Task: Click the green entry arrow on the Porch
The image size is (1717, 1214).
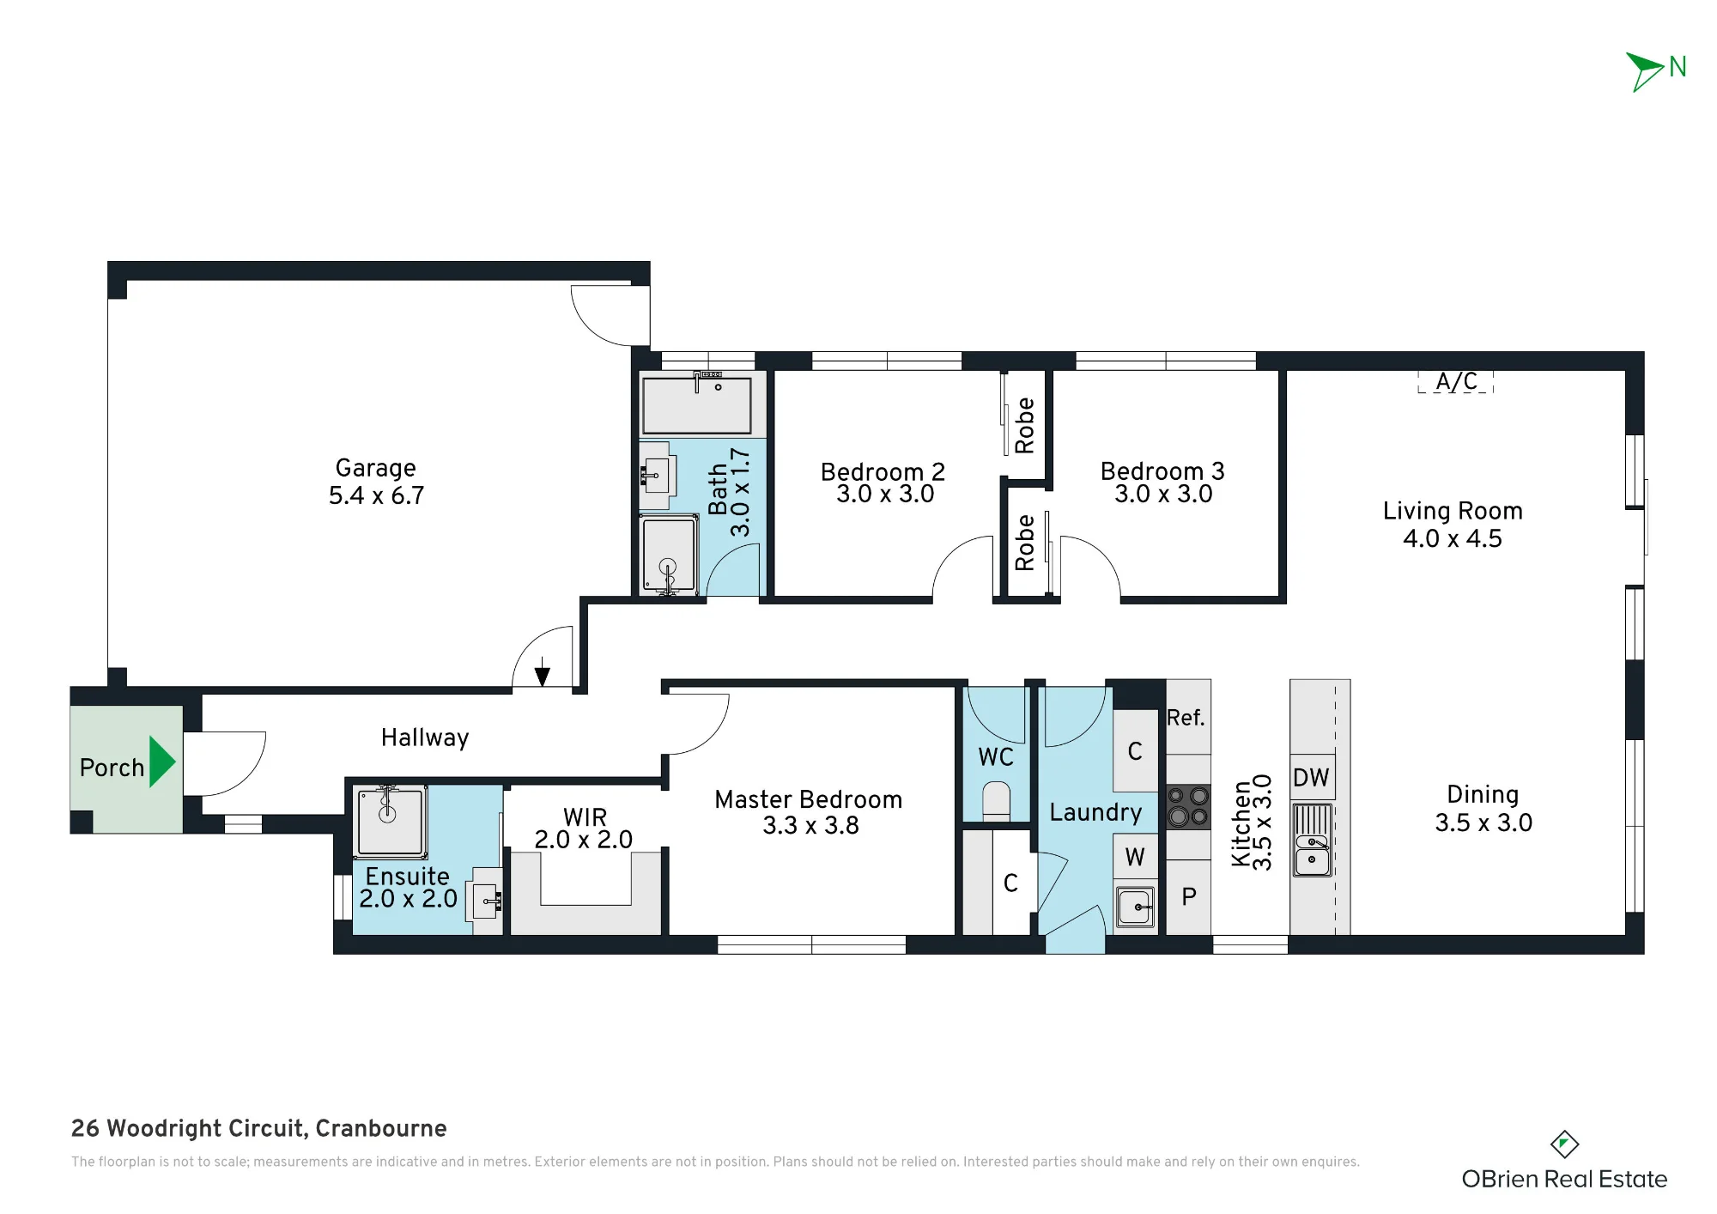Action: coord(161,762)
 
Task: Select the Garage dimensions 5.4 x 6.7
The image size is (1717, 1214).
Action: coord(377,495)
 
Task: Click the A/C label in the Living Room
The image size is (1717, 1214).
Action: coord(1457,381)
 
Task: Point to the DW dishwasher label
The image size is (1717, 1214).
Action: coord(1311,778)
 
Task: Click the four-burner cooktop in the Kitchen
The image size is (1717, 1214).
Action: coord(1188,807)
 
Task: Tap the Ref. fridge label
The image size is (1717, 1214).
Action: coord(1186,718)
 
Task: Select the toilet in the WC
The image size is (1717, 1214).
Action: coord(996,801)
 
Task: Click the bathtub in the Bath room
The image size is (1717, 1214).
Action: coord(697,404)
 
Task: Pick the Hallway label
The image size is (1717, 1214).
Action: coord(425,738)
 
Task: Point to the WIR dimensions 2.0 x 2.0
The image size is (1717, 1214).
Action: coord(584,840)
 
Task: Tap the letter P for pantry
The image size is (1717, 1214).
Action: coord(1189,897)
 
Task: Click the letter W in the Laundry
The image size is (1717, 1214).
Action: coord(1135,857)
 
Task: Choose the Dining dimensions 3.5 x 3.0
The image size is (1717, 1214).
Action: coord(1483,822)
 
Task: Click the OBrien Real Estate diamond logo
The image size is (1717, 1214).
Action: coord(1564,1144)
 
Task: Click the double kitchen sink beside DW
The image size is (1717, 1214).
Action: coord(1312,841)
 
